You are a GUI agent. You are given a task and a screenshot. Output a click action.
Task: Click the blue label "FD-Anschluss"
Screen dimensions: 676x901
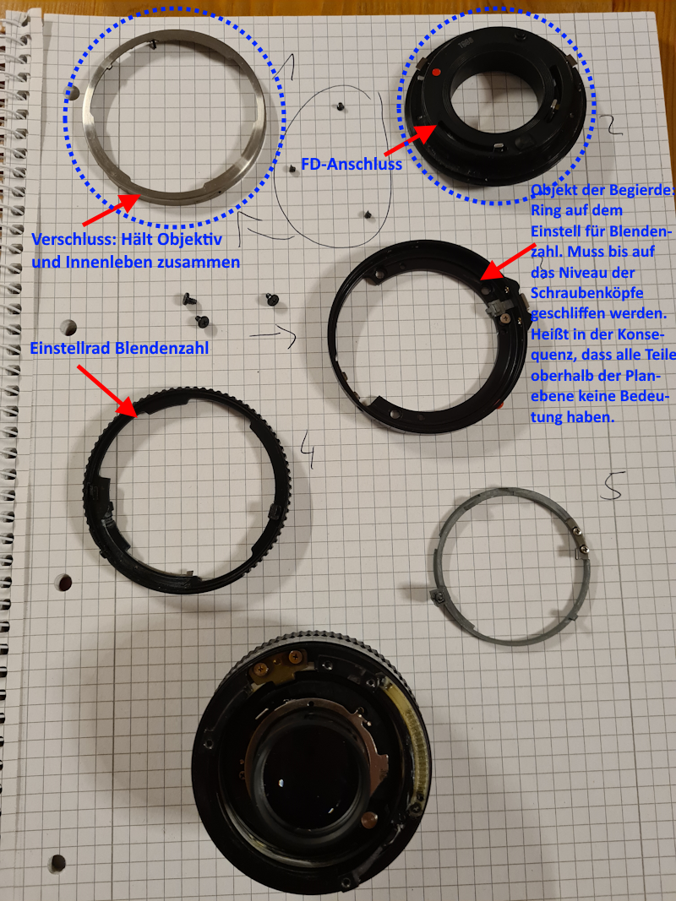coord(352,165)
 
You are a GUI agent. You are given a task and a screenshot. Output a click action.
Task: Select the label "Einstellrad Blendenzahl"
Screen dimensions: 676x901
coord(119,348)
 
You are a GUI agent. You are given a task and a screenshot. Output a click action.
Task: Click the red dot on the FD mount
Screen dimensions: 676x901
coord(436,73)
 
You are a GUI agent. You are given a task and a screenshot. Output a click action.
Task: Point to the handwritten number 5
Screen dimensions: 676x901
coord(613,485)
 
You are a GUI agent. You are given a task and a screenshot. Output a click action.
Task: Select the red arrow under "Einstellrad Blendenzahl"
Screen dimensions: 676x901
coord(106,389)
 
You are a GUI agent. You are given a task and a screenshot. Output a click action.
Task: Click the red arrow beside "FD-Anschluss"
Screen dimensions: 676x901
coord(410,140)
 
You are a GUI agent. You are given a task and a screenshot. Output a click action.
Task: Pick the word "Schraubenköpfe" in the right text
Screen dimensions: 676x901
coord(586,293)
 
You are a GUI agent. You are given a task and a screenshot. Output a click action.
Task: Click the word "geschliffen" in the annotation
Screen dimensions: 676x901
coord(568,314)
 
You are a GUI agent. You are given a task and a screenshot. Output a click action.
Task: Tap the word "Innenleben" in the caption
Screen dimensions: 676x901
coord(102,262)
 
